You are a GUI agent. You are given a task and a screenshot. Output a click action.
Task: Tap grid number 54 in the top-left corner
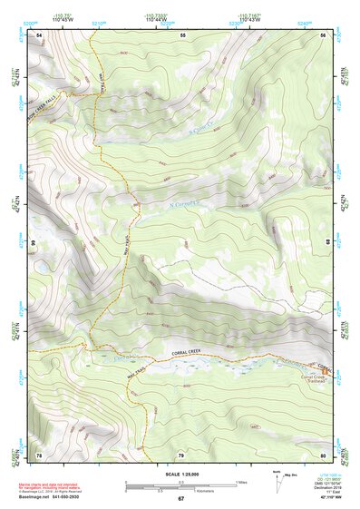pyautogui.click(x=39, y=34)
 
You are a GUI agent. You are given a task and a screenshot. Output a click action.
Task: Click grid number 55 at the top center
pyautogui.click(x=182, y=34)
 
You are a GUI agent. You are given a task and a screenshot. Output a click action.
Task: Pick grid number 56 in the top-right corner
pyautogui.click(x=324, y=34)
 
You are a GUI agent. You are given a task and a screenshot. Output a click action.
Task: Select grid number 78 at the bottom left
pyautogui.click(x=39, y=454)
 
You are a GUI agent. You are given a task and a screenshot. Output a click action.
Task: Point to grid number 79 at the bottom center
pyautogui.click(x=181, y=454)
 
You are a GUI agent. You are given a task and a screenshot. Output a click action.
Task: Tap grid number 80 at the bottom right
pyautogui.click(x=324, y=454)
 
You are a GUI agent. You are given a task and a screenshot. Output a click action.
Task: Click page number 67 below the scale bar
pyautogui.click(x=181, y=499)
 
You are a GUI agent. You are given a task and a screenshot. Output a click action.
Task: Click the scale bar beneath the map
pyautogui.click(x=180, y=482)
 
